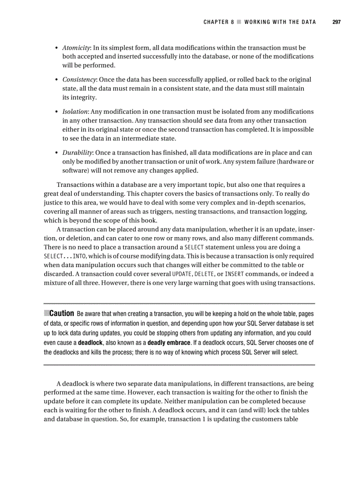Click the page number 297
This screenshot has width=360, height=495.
pos(336,22)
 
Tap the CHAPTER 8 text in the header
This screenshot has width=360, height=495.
pos(218,22)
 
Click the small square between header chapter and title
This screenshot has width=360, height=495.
pos(239,22)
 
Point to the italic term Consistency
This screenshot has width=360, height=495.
pos(79,80)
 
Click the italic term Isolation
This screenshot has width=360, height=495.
pos(75,112)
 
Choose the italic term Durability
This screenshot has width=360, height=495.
pos(78,153)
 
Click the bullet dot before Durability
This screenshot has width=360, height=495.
pos(57,153)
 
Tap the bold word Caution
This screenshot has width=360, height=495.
pos(61,314)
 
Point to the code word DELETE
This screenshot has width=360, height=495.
pos(204,274)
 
